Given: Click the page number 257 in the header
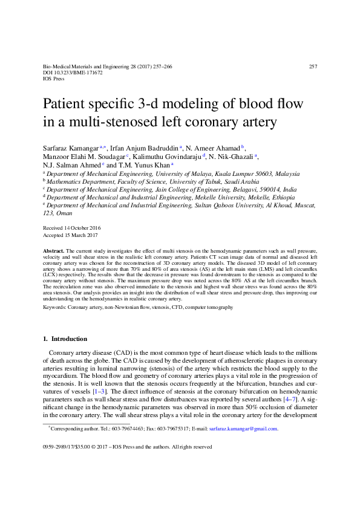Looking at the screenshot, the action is [313, 66].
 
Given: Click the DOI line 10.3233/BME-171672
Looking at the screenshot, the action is [73, 72].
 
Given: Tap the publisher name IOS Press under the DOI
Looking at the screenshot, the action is [54, 79].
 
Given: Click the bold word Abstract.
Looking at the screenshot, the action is [53, 250].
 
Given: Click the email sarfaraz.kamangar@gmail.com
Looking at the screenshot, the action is [243, 429].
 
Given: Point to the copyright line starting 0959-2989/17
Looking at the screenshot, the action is [127, 447].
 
